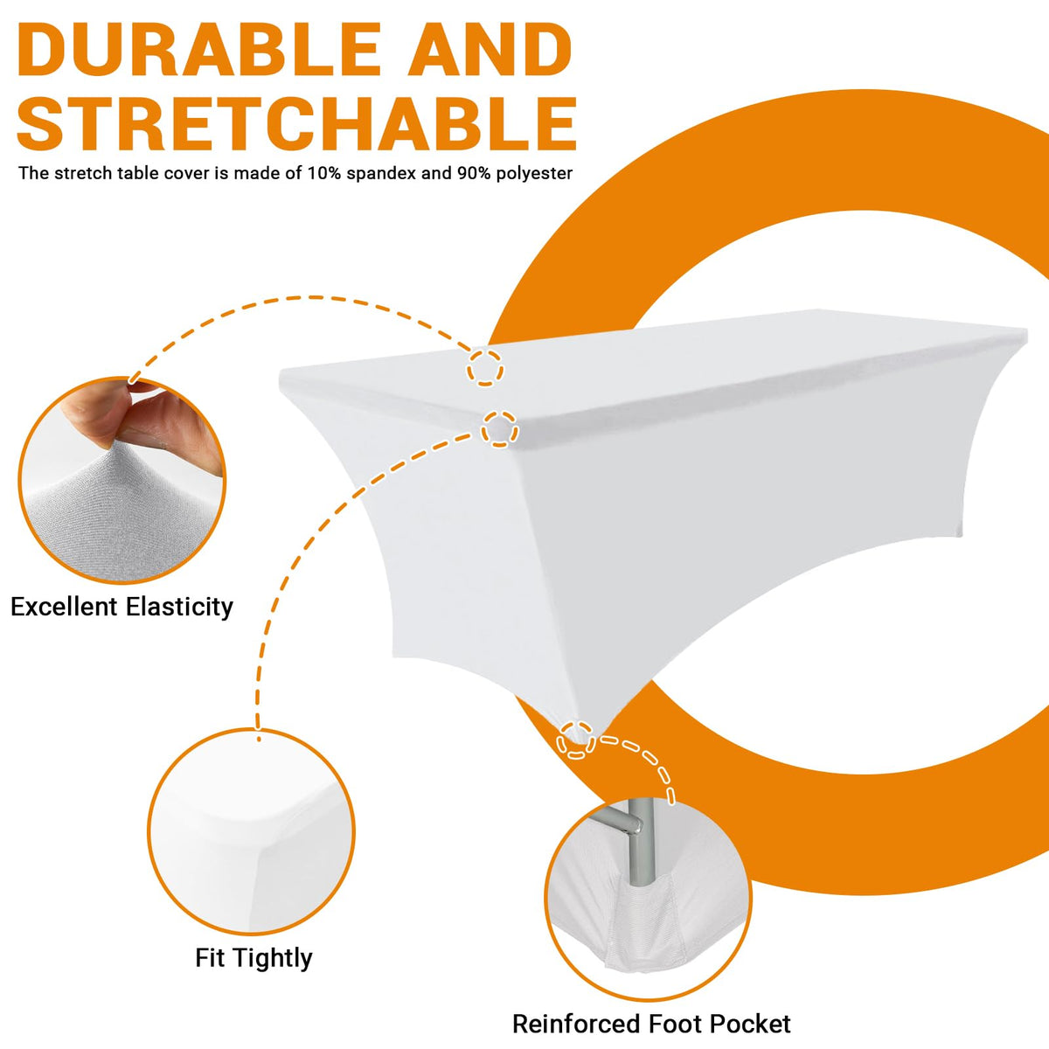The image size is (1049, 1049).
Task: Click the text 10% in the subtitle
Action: [x=324, y=173]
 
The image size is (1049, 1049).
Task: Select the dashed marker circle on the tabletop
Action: [x=485, y=368]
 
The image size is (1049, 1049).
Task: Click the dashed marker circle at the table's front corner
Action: [x=500, y=429]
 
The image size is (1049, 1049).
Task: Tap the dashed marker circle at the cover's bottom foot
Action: [x=576, y=740]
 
